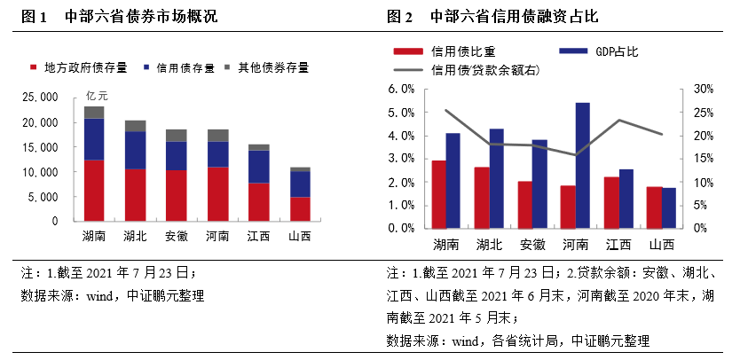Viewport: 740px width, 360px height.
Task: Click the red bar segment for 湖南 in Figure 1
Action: [93, 190]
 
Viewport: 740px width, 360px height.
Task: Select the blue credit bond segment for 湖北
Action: [135, 150]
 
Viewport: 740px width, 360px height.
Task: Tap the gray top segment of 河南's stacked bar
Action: [217, 135]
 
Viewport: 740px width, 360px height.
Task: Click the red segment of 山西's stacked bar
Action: [300, 208]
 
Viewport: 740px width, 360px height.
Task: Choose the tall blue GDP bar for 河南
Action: [582, 165]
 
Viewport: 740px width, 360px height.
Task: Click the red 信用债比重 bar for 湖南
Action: [438, 193]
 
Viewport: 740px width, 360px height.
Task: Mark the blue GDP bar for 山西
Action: [668, 207]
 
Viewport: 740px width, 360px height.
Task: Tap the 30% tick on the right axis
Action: [702, 90]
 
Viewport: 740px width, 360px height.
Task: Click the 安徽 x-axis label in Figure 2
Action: [532, 245]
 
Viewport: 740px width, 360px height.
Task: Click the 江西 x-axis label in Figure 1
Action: [258, 236]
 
